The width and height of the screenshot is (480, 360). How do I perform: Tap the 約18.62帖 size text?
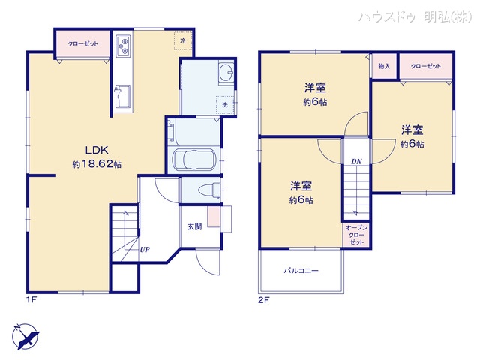[97, 163]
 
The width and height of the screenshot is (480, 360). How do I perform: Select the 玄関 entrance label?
[194, 226]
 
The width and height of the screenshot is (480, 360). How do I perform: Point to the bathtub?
[194, 159]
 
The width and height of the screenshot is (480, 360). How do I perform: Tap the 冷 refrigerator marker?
[182, 40]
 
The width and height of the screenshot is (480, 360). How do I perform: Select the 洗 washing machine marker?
[223, 105]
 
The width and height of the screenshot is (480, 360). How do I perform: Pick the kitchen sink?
[122, 97]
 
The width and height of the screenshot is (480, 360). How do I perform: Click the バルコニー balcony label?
[301, 270]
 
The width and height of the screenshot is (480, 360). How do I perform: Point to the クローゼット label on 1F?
[82, 44]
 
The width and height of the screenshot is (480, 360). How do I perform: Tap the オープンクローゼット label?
[356, 235]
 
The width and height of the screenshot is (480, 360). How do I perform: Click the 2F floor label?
[263, 299]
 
